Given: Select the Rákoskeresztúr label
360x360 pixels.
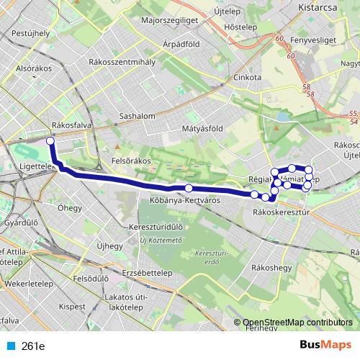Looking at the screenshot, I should click(x=282, y=212).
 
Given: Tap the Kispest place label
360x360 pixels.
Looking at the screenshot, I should click(x=71, y=306).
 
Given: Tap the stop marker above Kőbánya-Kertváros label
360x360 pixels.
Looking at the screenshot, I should click(x=189, y=189).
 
